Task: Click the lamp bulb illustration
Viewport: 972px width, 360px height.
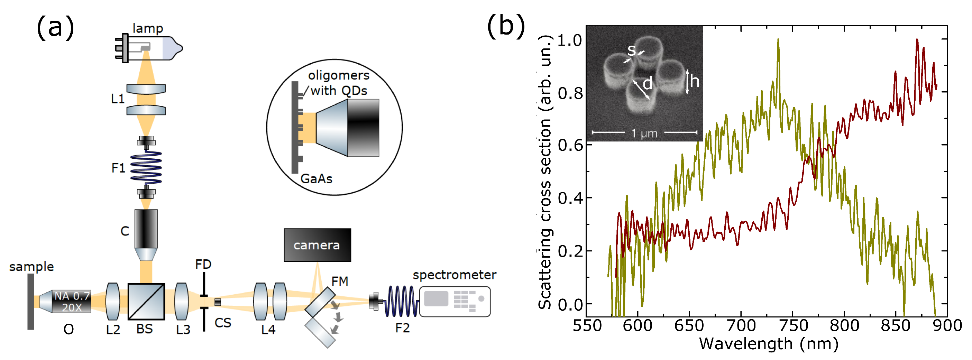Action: [151, 48]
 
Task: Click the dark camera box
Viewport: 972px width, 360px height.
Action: [317, 245]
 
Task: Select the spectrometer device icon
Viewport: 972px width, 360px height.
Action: [455, 301]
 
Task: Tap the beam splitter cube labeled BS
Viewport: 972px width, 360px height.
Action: [146, 301]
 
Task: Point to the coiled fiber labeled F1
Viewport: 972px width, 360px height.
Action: [146, 167]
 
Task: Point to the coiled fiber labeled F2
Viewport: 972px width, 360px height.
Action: [401, 301]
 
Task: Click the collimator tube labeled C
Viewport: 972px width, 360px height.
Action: [146, 234]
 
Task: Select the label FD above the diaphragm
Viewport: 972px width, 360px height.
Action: [203, 264]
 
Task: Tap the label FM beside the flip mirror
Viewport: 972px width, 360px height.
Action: [340, 281]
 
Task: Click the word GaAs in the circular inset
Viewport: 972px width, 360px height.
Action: [316, 178]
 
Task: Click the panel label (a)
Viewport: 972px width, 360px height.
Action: [55, 27]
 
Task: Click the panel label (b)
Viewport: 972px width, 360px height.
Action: [506, 26]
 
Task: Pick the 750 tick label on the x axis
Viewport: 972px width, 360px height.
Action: [793, 325]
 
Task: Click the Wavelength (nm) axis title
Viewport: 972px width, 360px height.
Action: [768, 344]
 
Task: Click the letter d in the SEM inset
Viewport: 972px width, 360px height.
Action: [647, 83]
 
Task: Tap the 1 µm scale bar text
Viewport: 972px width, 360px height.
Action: [644, 133]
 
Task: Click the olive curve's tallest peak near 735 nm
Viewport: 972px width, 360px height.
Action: [778, 40]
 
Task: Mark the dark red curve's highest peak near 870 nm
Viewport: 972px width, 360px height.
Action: [917, 40]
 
